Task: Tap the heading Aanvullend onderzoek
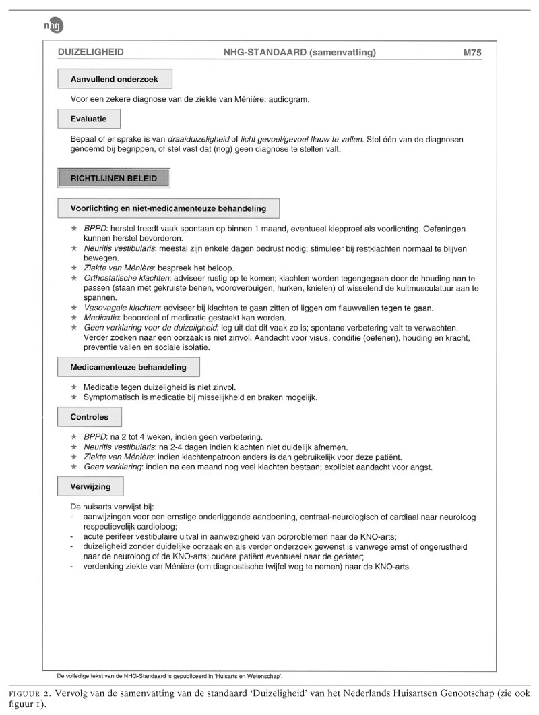(115, 79)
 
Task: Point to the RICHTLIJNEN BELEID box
(114, 179)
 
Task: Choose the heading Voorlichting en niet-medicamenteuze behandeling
(168, 208)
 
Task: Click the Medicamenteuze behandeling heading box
(128, 368)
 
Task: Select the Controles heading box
(89, 417)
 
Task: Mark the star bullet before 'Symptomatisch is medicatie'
(74, 397)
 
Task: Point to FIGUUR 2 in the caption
(26, 693)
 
